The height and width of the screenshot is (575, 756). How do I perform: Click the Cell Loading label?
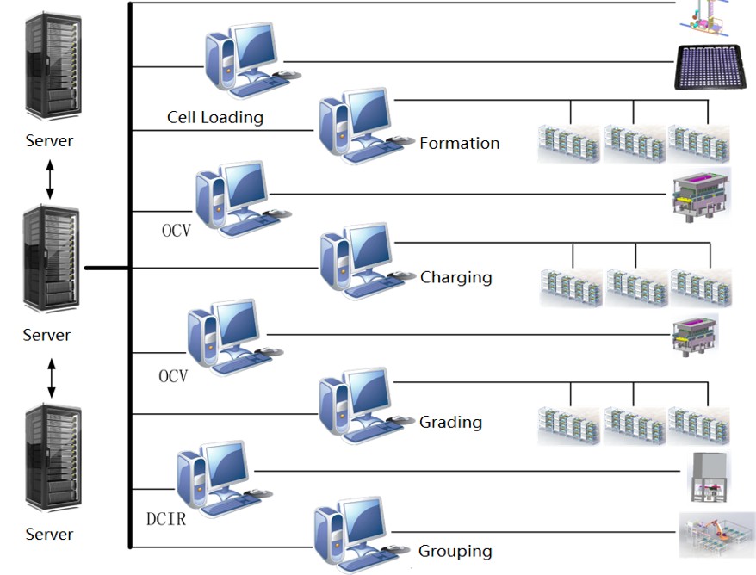[215, 117]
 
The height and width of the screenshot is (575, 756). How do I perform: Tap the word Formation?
[459, 144]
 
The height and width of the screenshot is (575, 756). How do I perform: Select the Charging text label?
[455, 277]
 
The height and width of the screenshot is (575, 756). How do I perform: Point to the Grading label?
[450, 422]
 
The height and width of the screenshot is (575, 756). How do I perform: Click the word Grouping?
[455, 551]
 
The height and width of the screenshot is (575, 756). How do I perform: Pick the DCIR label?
[165, 519]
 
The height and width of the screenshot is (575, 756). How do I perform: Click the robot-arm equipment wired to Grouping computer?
[716, 535]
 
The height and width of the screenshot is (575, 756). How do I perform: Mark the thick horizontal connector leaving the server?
[107, 268]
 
